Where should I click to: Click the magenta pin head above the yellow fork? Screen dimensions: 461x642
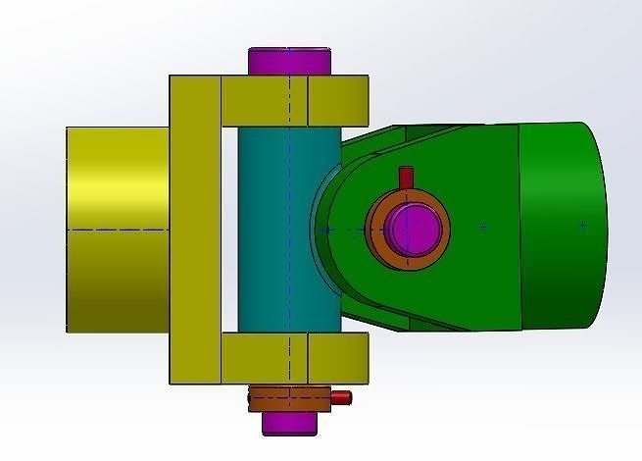point(290,61)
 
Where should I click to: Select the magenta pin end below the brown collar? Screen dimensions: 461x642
point(290,423)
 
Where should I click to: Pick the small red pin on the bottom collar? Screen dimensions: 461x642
point(339,397)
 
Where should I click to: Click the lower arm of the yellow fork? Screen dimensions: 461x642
point(294,357)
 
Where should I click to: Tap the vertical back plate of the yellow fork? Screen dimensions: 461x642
point(194,230)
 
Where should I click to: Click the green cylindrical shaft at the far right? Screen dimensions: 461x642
point(564,226)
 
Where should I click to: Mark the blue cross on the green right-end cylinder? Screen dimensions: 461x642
point(582,226)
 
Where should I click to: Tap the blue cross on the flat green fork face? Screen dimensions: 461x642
point(482,227)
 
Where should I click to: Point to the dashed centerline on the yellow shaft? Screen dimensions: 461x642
point(118,230)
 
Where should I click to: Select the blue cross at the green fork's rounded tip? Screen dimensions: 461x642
point(327,230)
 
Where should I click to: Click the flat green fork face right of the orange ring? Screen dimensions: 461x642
point(470,265)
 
